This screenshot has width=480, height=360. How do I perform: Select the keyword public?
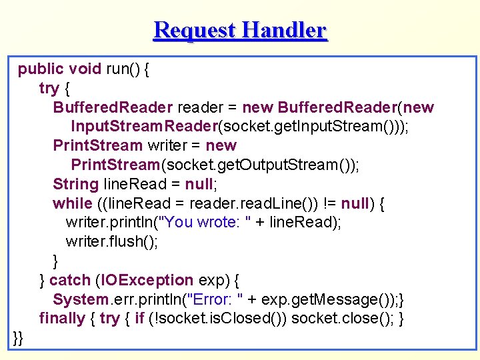point(41,69)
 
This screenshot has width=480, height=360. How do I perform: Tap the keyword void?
point(85,69)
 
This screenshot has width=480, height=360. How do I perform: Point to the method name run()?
point(122,69)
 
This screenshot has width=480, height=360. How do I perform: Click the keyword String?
point(75,183)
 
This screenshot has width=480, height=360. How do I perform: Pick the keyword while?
point(72,203)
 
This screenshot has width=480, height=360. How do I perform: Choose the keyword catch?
point(70,280)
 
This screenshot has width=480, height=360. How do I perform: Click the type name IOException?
point(144,280)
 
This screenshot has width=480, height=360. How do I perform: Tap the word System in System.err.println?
point(80,299)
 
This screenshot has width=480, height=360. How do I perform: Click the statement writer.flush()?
point(112,241)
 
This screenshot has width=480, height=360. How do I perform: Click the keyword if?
point(139,318)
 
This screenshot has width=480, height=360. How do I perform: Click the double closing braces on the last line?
point(18,337)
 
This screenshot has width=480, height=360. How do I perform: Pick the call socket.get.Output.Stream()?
point(258,165)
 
